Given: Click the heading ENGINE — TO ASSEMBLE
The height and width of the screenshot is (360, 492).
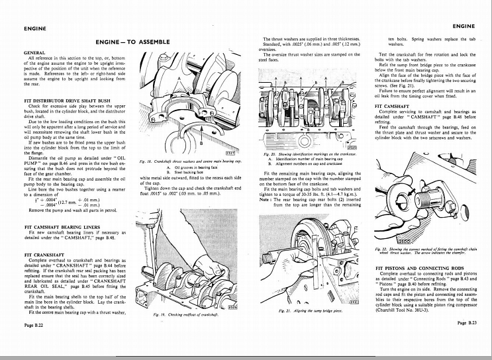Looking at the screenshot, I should tap(132, 42).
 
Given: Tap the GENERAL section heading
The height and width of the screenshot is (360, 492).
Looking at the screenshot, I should tap(34, 52).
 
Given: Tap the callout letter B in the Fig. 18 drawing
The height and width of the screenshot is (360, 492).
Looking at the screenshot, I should tap(191, 141).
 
